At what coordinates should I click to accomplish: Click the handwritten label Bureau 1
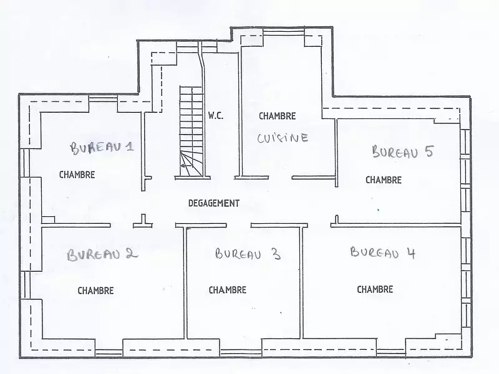(x=102, y=148)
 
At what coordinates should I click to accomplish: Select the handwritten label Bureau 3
(x=248, y=254)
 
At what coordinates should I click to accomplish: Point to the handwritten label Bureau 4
(x=382, y=252)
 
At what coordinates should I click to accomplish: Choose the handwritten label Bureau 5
(x=402, y=151)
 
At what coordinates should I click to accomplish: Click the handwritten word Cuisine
(x=283, y=138)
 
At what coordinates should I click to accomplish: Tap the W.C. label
(x=216, y=116)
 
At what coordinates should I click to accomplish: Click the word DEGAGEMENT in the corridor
(x=213, y=203)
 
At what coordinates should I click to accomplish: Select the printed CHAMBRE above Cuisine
(x=277, y=116)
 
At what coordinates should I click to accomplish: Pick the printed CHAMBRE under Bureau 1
(x=77, y=175)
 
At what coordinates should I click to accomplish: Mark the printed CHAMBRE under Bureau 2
(x=95, y=290)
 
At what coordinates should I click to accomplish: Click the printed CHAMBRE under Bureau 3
(x=227, y=290)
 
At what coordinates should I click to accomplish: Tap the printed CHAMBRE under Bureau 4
(x=375, y=289)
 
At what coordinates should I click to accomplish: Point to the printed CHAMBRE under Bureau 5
(x=383, y=180)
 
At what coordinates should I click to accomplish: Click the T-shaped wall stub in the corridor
(x=143, y=222)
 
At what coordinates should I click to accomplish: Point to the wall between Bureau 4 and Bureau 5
(x=399, y=224)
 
